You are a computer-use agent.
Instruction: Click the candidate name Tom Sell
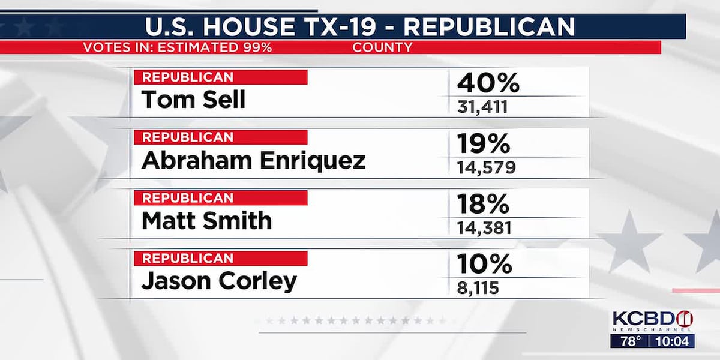point(193,100)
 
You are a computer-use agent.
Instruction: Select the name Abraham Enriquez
point(253,161)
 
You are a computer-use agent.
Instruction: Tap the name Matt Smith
point(206,221)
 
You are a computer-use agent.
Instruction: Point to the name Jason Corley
point(219,281)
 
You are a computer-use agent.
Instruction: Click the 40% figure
point(487,83)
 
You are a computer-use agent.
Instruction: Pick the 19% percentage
point(484,144)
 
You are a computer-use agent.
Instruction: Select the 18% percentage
point(484,205)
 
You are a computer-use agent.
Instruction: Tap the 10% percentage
point(484,264)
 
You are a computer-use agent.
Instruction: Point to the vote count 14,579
point(485,167)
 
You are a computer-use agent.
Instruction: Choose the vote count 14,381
point(485,227)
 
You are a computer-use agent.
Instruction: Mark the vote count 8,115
point(476,287)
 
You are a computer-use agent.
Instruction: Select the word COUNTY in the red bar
point(382,47)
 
